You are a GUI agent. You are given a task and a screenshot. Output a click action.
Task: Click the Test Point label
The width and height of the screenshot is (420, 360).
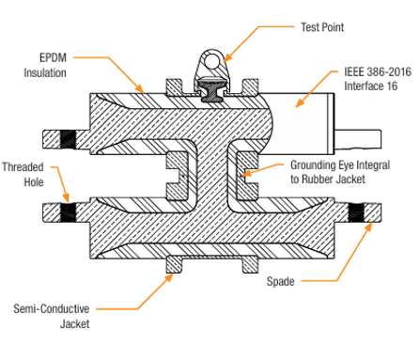[x=322, y=27]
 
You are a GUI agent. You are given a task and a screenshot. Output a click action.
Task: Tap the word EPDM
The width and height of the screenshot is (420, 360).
[x=53, y=58]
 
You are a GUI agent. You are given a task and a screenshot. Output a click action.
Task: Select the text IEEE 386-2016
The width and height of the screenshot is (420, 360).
[x=378, y=71]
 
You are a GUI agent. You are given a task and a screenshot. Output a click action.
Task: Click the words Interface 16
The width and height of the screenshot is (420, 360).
[x=371, y=86]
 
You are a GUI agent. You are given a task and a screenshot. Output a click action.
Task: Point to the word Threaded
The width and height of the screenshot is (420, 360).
[x=23, y=167]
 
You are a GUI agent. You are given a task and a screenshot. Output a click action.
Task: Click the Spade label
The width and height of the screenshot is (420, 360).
[x=281, y=281]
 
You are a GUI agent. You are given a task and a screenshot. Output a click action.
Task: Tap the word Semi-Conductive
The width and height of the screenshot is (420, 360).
[x=52, y=309]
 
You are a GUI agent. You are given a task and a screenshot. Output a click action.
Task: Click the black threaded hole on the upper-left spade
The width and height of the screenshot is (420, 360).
[x=68, y=139]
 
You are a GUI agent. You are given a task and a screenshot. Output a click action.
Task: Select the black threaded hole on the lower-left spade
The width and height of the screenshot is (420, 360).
[x=68, y=213]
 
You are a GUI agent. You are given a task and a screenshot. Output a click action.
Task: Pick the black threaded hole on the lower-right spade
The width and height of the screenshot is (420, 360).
[x=356, y=213]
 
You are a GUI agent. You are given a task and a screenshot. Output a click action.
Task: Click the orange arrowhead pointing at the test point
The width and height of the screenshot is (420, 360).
[x=227, y=57]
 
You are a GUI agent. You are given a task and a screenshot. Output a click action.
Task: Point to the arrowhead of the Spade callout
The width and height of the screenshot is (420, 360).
[x=368, y=227]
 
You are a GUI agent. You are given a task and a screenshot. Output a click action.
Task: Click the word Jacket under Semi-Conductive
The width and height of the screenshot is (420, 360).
[x=75, y=324]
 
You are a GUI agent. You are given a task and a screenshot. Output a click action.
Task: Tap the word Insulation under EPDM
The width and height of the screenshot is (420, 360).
[x=45, y=73]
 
